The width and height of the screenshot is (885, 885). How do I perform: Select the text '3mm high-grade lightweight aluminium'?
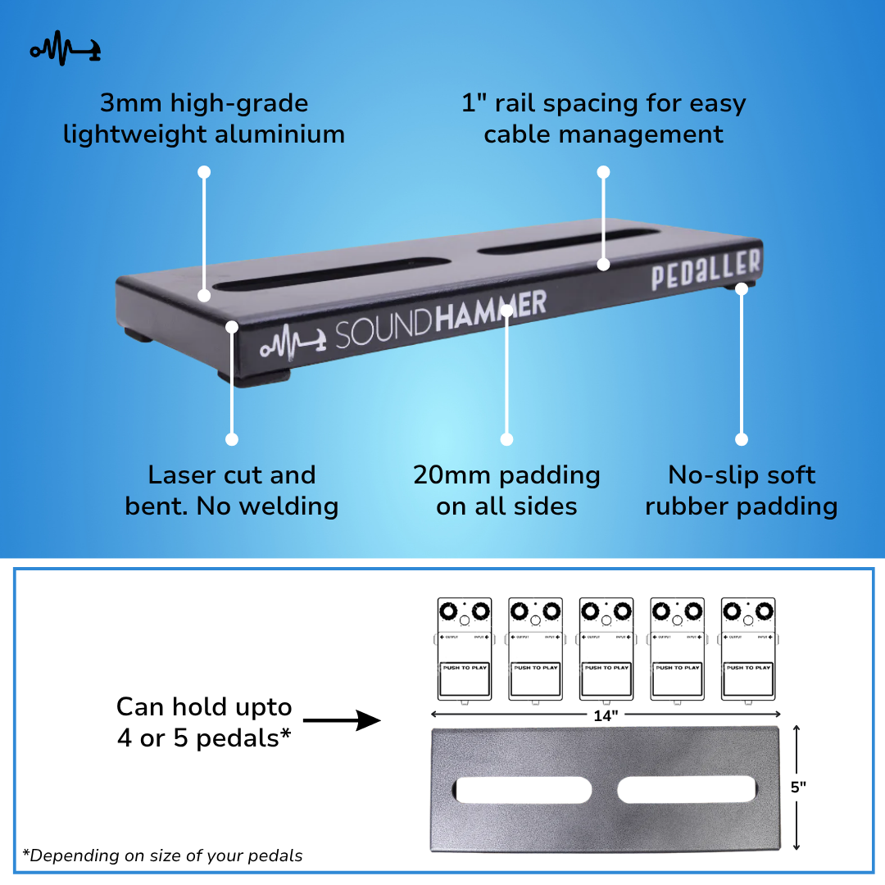(x=204, y=119)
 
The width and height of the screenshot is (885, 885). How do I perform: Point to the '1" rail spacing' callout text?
(x=603, y=119)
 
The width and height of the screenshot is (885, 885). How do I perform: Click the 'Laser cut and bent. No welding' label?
(x=232, y=490)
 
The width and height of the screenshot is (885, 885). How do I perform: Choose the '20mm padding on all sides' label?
(x=506, y=490)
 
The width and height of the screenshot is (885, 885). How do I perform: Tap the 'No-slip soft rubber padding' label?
(x=742, y=490)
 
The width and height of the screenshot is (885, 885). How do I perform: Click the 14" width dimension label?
(x=606, y=715)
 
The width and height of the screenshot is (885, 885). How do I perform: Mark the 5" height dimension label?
(x=798, y=787)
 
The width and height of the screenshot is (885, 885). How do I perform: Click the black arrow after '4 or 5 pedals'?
(x=342, y=721)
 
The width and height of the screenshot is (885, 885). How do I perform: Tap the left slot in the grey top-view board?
(x=523, y=790)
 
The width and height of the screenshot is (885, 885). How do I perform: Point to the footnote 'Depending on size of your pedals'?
(x=162, y=855)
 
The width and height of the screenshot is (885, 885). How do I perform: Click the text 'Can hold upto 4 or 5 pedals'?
(x=204, y=722)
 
